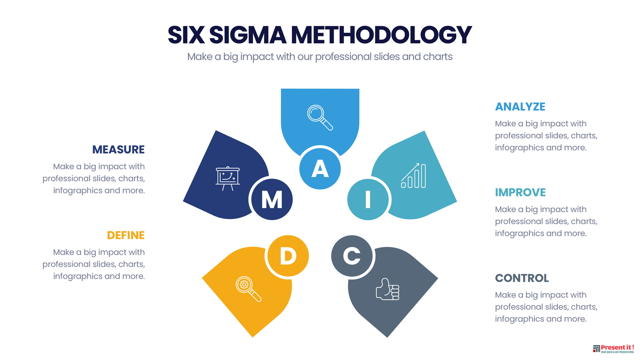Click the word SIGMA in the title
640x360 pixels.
[x=248, y=35]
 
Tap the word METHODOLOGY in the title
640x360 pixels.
[x=381, y=35]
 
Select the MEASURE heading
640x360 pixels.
[x=118, y=149]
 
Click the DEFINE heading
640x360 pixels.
[x=126, y=235]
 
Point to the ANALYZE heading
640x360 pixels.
[x=520, y=107]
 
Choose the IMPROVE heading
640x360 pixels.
[x=520, y=192]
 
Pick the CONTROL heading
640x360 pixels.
[x=522, y=278]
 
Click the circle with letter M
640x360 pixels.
[x=272, y=199]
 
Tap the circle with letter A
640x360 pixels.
[x=320, y=169]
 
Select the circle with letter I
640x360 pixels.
[x=368, y=199]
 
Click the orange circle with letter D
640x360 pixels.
[x=288, y=255]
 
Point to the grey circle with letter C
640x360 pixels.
[x=352, y=255]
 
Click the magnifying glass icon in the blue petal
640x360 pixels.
[x=320, y=118]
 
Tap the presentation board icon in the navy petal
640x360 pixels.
[x=228, y=178]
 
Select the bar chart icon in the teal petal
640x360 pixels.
[x=413, y=175]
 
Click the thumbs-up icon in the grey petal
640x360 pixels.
[x=388, y=289]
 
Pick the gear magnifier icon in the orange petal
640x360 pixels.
[x=248, y=289]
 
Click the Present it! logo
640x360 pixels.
[x=613, y=348]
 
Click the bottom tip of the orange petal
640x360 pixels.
[x=252, y=337]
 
